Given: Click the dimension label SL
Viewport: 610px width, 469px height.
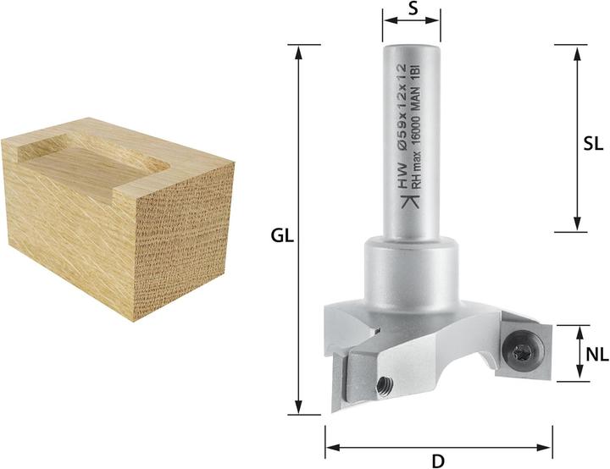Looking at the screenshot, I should coord(593,143).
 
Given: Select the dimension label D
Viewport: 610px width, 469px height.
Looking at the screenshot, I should coord(438,461).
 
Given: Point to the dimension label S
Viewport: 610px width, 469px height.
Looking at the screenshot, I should coord(412,9).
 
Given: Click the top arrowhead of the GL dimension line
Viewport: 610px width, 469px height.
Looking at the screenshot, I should coord(298,50).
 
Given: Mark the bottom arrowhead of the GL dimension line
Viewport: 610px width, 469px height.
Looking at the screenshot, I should coord(298,409).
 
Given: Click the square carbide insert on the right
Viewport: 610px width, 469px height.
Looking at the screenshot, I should coord(521,345).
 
